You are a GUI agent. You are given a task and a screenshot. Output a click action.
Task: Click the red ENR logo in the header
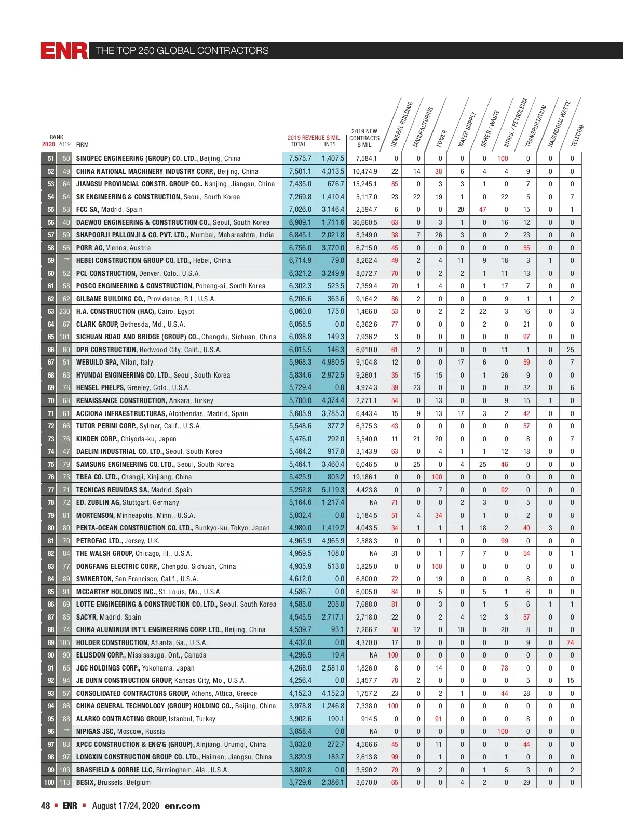click(x=64, y=50)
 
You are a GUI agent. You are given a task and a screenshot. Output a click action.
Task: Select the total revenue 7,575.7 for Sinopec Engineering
click(x=300, y=158)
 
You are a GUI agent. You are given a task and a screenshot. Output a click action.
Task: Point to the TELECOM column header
click(x=578, y=135)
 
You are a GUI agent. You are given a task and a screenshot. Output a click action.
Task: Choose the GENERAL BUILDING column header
click(x=402, y=124)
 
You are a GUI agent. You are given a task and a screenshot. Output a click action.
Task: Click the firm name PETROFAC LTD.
click(x=100, y=541)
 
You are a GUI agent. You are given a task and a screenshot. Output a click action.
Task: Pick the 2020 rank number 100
click(x=49, y=782)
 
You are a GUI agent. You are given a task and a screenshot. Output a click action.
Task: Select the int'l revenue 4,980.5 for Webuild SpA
click(x=332, y=362)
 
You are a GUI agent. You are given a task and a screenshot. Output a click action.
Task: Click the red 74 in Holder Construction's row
click(x=570, y=642)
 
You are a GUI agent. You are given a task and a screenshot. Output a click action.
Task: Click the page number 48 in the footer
click(x=46, y=806)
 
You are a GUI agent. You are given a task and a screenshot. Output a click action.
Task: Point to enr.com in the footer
click(x=182, y=806)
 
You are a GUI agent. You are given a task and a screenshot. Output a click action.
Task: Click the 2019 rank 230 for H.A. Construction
click(x=64, y=311)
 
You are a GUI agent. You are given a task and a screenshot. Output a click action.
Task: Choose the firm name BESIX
click(x=86, y=782)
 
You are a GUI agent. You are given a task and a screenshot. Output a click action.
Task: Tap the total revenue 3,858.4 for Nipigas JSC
click(x=300, y=731)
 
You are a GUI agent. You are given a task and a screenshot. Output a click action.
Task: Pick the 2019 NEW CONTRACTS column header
click(x=364, y=138)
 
